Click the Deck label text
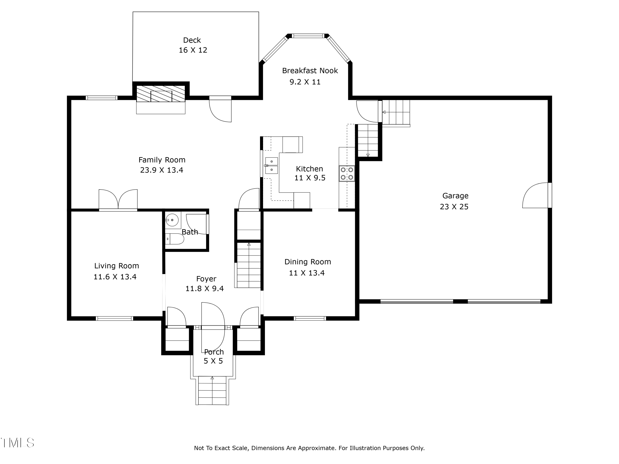pos(192,40)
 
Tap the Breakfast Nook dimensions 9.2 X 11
pos(305,82)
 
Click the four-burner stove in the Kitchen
pos(347,173)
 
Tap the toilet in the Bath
pos(174,239)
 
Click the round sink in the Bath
pos(172,220)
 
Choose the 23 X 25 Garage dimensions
pos(454,207)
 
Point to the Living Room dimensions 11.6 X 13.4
pos(115,277)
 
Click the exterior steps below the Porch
pos(212,390)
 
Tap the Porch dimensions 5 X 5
pos(213,361)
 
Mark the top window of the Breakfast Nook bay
pos(308,36)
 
